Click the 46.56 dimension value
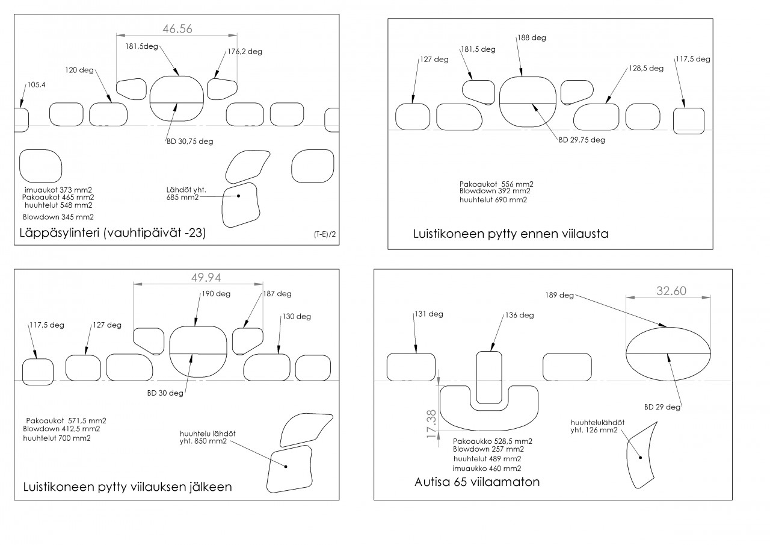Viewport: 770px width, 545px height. point(177,28)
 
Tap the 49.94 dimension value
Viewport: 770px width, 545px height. point(206,277)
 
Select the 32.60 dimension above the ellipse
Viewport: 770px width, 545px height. point(671,291)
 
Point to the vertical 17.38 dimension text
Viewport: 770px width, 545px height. point(431,423)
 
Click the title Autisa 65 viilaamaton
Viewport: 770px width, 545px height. point(477,482)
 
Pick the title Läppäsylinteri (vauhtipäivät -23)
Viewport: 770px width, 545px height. point(112,233)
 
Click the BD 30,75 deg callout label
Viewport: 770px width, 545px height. point(189,142)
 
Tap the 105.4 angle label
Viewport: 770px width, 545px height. point(36,85)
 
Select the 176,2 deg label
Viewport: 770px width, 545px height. point(245,52)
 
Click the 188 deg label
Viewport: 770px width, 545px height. point(532,37)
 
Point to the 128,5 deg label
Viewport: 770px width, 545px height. point(646,68)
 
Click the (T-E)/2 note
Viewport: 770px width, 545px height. point(324,234)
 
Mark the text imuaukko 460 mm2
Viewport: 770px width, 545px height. point(487,469)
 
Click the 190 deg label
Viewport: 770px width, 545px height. point(216,294)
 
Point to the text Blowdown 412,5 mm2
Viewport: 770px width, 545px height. point(61,429)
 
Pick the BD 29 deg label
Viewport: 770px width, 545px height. point(662,407)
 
